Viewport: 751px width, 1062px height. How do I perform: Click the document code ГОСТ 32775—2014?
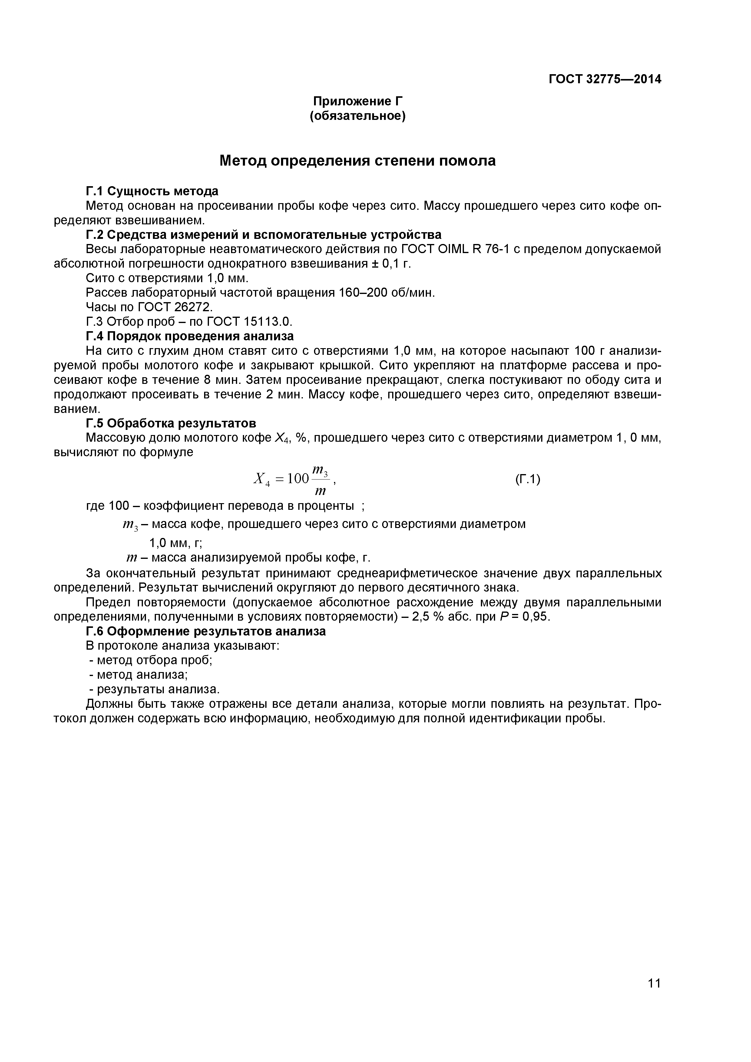pos(605,80)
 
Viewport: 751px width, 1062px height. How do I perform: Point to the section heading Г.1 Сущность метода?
pos(152,191)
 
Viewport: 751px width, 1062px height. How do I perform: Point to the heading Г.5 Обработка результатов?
pos(171,423)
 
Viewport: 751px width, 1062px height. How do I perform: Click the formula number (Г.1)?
pos(528,479)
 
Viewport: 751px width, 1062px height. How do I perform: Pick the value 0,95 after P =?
pos(536,617)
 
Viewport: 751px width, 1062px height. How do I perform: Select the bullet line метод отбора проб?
pos(151,660)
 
